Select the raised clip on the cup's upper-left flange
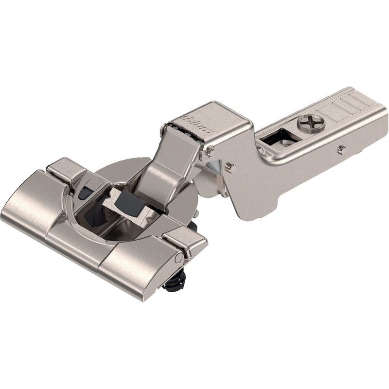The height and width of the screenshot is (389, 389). pos(65,168)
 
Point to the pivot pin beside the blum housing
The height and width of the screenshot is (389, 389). pos(209,152)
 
